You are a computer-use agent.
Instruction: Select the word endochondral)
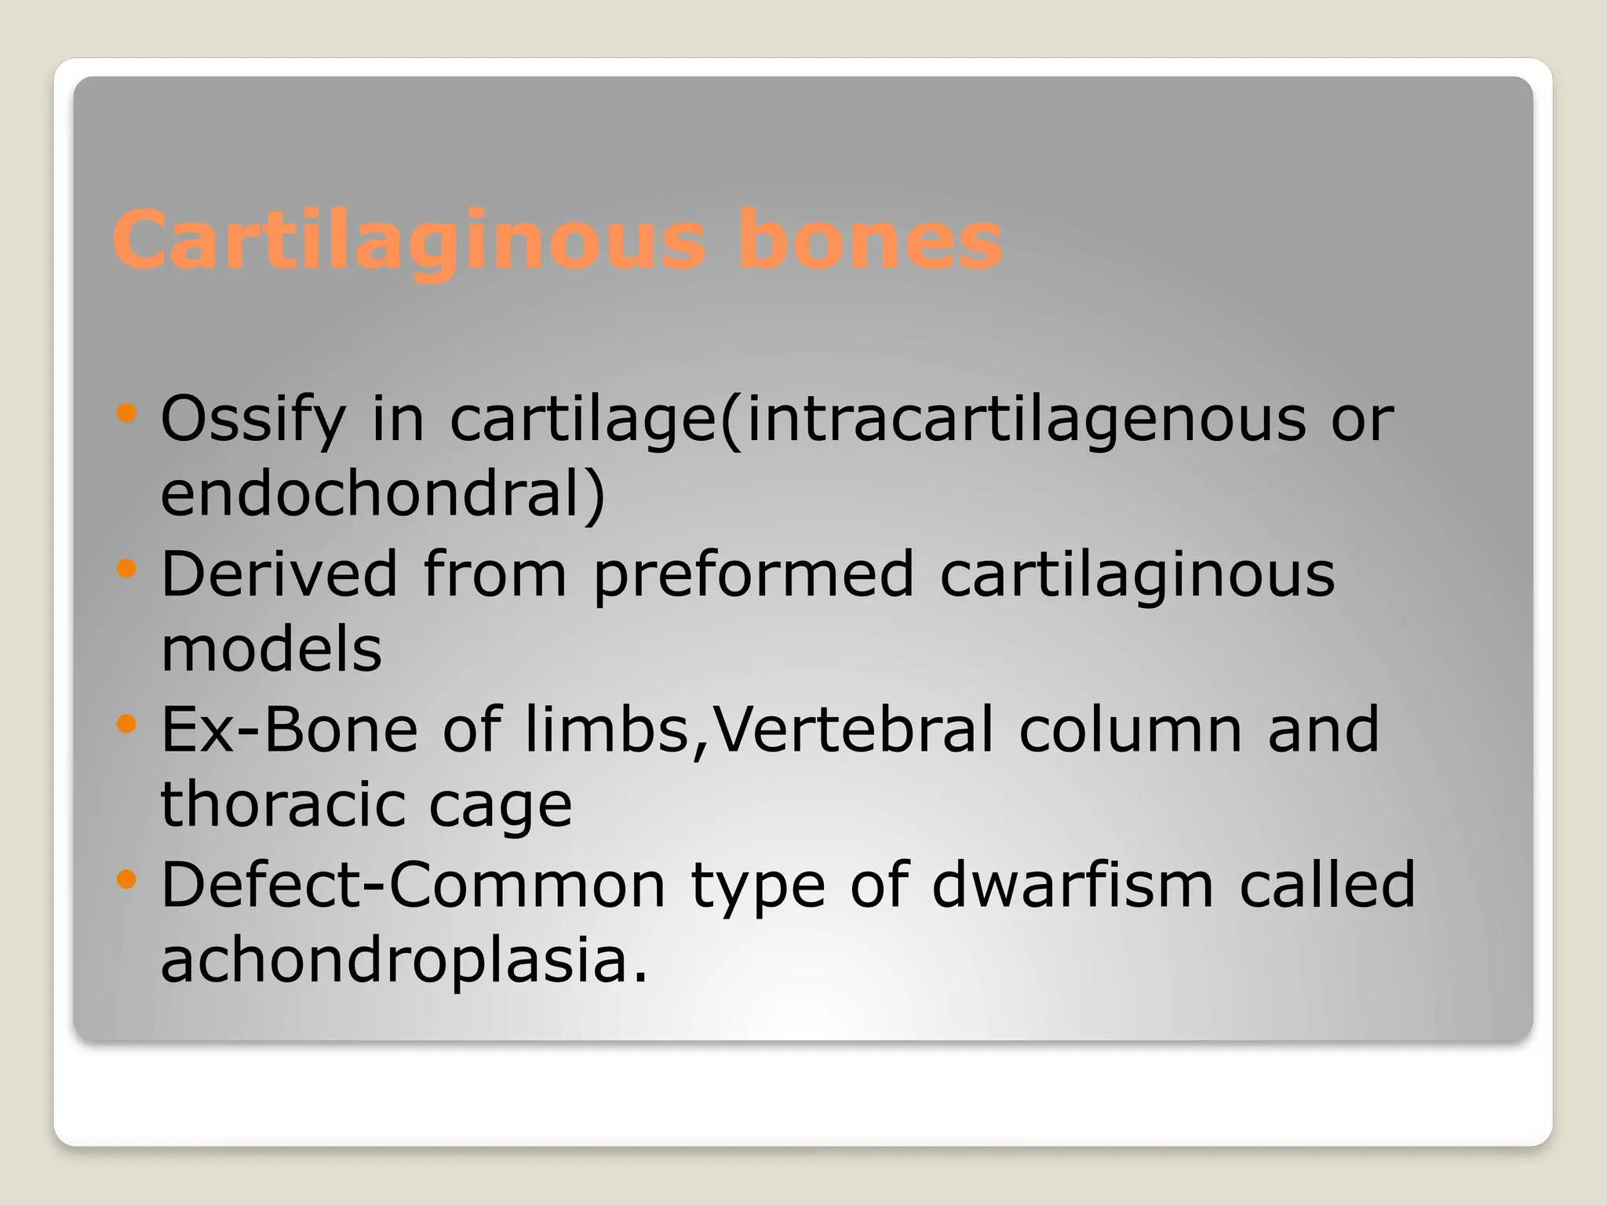(383, 496)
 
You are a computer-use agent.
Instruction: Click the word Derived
(279, 574)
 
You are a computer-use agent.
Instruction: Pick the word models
(271, 650)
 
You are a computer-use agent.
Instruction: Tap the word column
(1130, 730)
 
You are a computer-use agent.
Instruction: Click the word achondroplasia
(404, 962)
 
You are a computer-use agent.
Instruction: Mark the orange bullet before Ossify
(126, 413)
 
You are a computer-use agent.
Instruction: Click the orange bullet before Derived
(126, 568)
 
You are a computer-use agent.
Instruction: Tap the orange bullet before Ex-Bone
(126, 723)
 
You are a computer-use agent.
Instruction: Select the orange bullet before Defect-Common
(126, 879)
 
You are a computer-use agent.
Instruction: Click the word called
(1327, 885)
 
